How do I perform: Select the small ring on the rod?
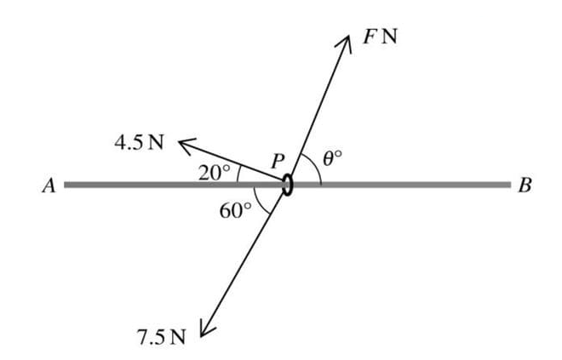[x=288, y=184]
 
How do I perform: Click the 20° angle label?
[x=214, y=173]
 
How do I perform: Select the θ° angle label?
[x=333, y=158]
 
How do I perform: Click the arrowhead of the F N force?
[x=345, y=43]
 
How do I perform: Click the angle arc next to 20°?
[x=237, y=174]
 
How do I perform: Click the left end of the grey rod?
[x=66, y=184]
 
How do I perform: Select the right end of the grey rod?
[x=508, y=184]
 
